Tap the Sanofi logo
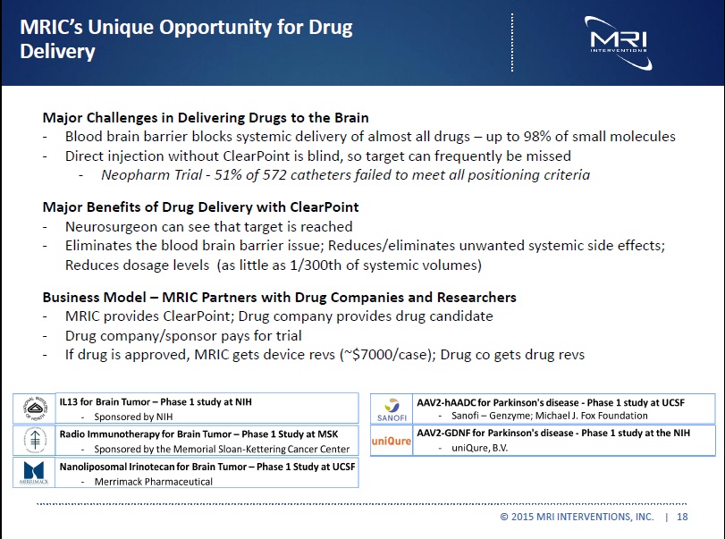[392, 408]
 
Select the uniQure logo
[392, 440]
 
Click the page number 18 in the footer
[683, 518]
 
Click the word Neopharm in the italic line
[135, 174]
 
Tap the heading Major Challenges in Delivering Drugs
[206, 117]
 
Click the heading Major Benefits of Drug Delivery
[200, 207]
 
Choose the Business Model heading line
[279, 297]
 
